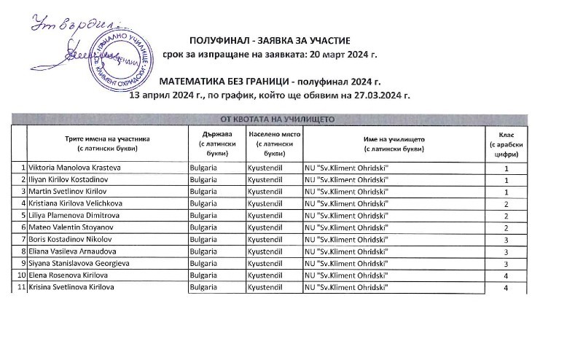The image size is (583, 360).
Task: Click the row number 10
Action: point(21,275)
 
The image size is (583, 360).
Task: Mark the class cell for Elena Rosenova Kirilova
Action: point(506,276)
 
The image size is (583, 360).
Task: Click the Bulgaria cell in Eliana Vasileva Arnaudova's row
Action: point(203,252)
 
